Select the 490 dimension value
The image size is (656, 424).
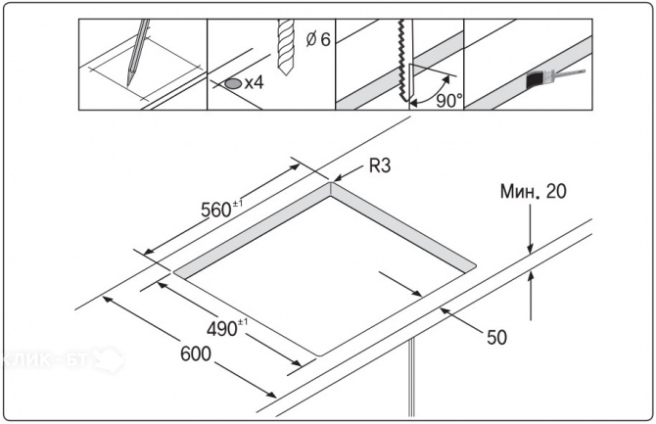click(227, 328)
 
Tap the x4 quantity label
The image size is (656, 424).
click(254, 84)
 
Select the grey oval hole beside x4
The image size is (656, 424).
click(232, 84)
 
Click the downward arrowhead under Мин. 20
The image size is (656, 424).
click(530, 253)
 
